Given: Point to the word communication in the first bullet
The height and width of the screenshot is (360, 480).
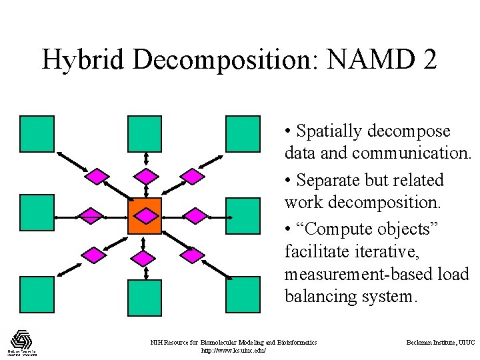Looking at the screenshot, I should pos(411,153).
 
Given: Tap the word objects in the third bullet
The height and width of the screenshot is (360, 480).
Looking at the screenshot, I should pos(407,229).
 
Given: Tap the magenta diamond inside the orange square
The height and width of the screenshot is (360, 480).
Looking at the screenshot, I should pos(145,215).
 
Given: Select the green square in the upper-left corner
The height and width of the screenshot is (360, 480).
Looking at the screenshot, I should pos(37,133).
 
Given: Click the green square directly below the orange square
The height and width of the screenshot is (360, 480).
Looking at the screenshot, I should pos(145,297).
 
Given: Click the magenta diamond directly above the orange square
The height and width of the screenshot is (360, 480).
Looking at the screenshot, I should pos(145,176).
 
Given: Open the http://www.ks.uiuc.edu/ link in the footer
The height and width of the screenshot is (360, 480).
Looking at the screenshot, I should pos(233,350).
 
